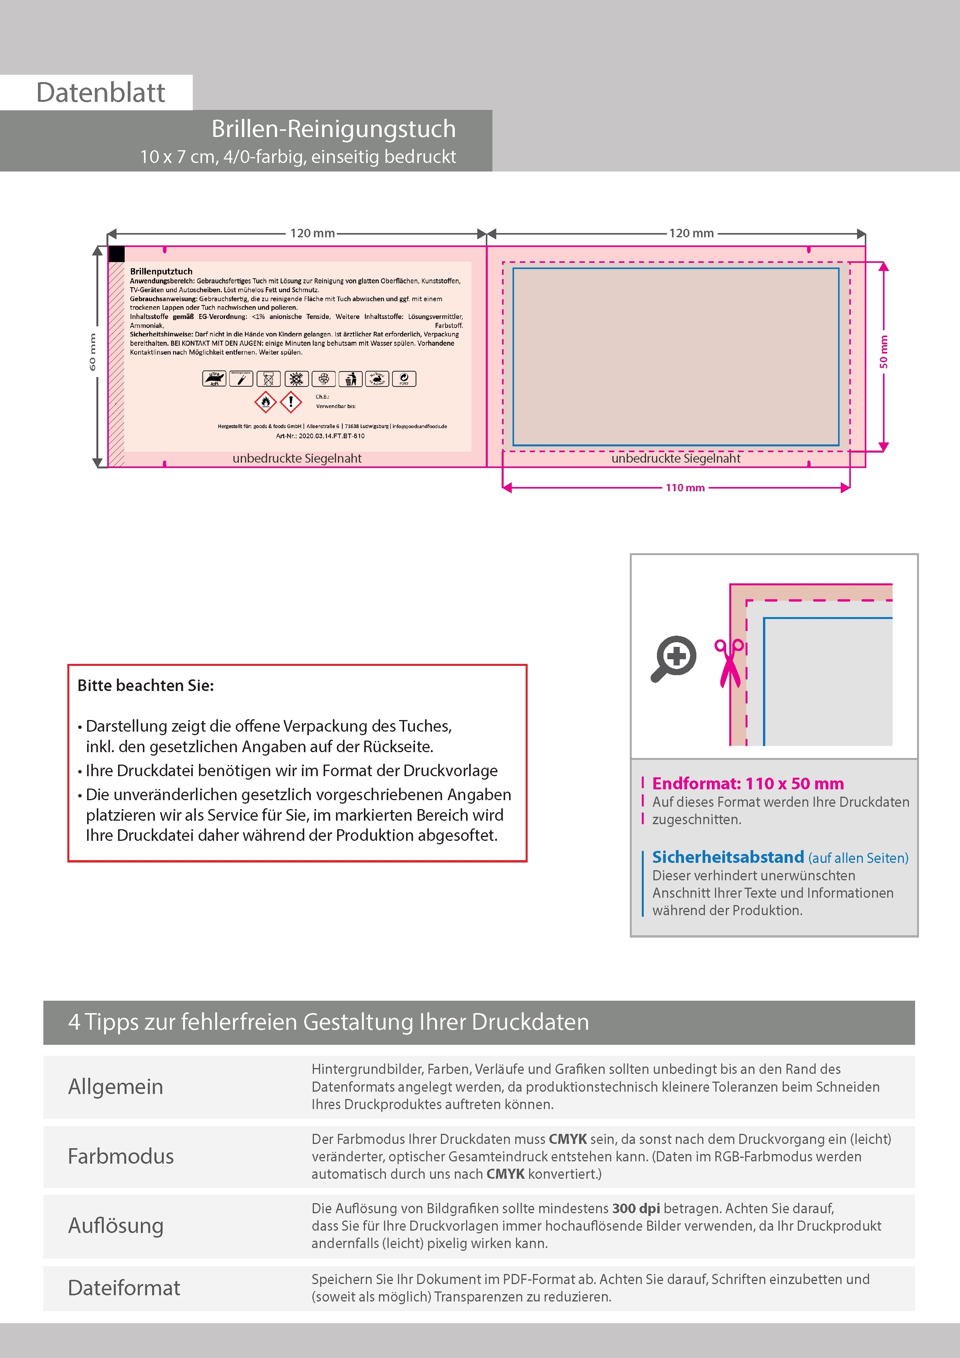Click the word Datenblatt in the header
(101, 93)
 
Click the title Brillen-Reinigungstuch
(334, 129)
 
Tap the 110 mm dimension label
(685, 488)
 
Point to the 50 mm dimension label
(884, 352)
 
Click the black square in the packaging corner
(117, 254)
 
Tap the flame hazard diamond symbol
(266, 402)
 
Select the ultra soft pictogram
(214, 379)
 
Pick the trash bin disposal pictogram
(351, 379)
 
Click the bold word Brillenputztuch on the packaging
(161, 271)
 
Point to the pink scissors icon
(730, 662)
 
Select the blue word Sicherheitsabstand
(727, 857)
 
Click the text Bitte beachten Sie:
(146, 686)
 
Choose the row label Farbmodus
(121, 1156)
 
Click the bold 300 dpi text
(636, 1208)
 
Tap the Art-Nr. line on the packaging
(320, 436)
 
